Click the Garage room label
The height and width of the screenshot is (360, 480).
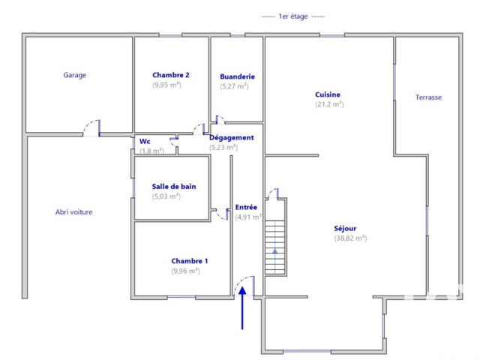(x=75, y=75)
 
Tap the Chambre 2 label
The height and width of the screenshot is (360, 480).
(x=171, y=75)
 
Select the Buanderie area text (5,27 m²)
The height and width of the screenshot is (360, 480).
(x=234, y=86)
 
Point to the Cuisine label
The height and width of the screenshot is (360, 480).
(x=328, y=94)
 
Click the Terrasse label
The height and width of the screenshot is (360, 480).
(x=428, y=97)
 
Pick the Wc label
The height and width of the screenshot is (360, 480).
(x=145, y=142)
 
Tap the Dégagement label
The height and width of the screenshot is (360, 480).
(x=232, y=138)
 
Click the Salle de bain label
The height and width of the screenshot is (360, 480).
(x=174, y=187)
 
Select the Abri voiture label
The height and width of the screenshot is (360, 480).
(x=73, y=212)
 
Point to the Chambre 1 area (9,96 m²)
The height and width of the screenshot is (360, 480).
(x=185, y=271)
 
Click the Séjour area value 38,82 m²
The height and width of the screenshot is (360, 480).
(x=350, y=238)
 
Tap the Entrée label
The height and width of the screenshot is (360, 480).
(x=246, y=207)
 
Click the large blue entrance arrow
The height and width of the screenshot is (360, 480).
(x=242, y=308)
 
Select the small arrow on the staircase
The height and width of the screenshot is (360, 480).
(x=275, y=251)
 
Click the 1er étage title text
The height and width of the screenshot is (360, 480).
(x=293, y=16)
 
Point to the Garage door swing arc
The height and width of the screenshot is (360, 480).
(x=88, y=123)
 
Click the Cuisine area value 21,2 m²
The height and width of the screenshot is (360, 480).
(x=329, y=104)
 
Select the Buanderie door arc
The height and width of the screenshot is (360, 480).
(x=221, y=118)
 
